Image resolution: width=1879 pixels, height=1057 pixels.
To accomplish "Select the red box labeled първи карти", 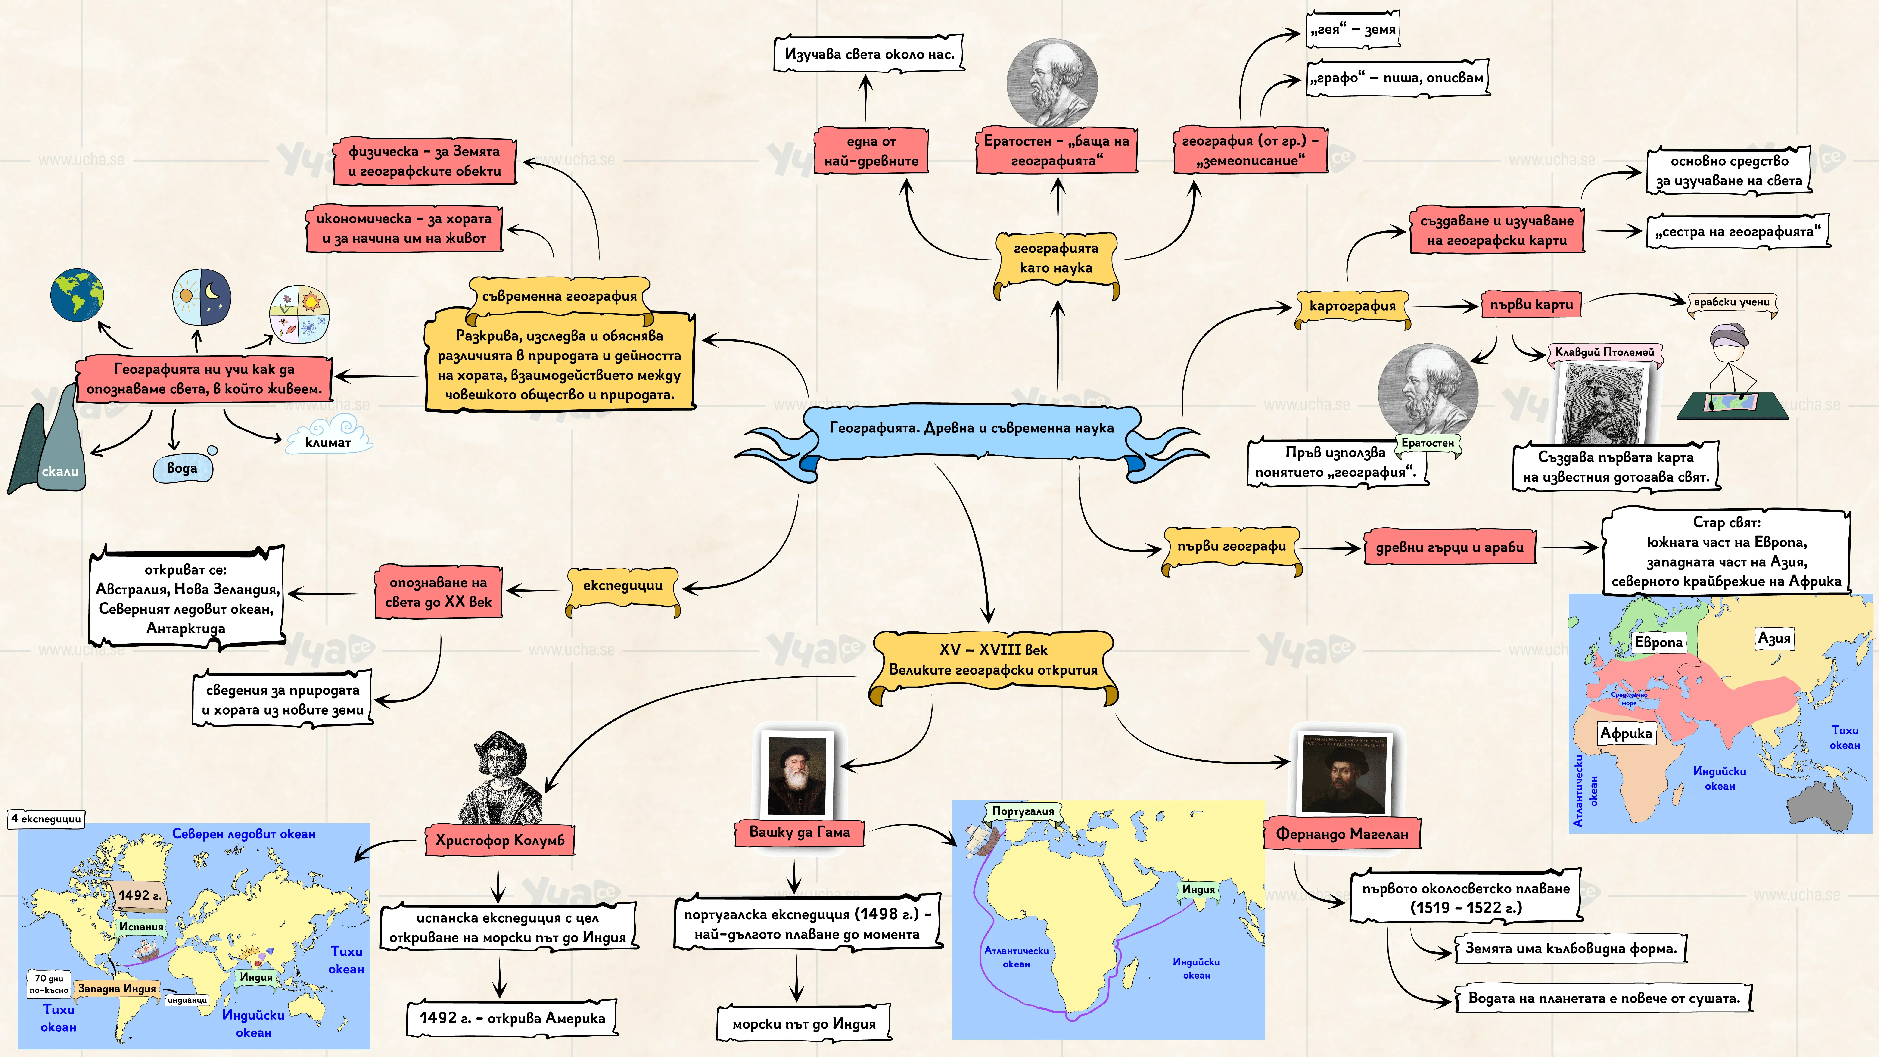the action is [1531, 304].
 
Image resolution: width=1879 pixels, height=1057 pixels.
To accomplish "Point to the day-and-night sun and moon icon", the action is [201, 297].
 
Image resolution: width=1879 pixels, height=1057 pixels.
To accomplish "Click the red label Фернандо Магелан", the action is [1342, 834].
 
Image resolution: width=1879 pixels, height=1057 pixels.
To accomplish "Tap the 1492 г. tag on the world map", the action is [140, 895].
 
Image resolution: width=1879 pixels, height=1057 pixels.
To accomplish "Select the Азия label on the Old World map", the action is [1774, 638].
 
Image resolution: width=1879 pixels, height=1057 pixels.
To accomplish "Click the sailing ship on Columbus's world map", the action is [146, 950].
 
